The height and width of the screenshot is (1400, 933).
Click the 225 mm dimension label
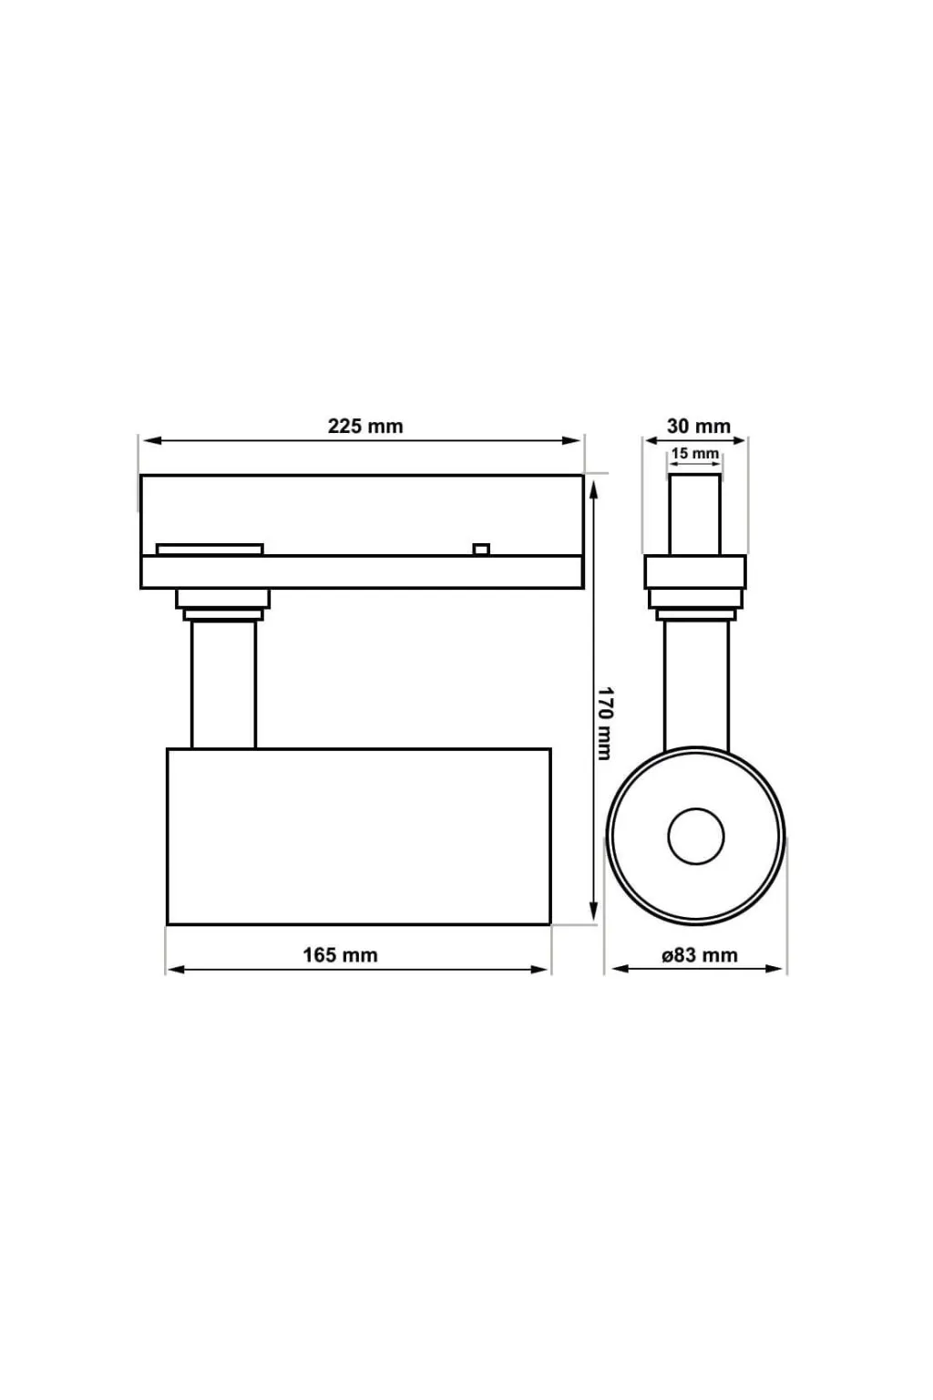coord(365,427)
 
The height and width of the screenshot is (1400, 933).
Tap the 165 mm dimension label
coord(340,955)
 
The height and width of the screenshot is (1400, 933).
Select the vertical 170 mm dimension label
coord(604,724)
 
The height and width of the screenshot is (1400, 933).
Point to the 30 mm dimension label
coord(698,427)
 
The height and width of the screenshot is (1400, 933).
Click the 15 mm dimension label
coord(695,453)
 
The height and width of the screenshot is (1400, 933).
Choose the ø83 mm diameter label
coord(700,955)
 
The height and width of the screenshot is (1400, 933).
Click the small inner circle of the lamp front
coord(695,836)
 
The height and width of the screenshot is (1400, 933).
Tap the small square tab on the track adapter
coord(480,550)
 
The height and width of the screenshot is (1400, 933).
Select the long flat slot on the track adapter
coord(210,550)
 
